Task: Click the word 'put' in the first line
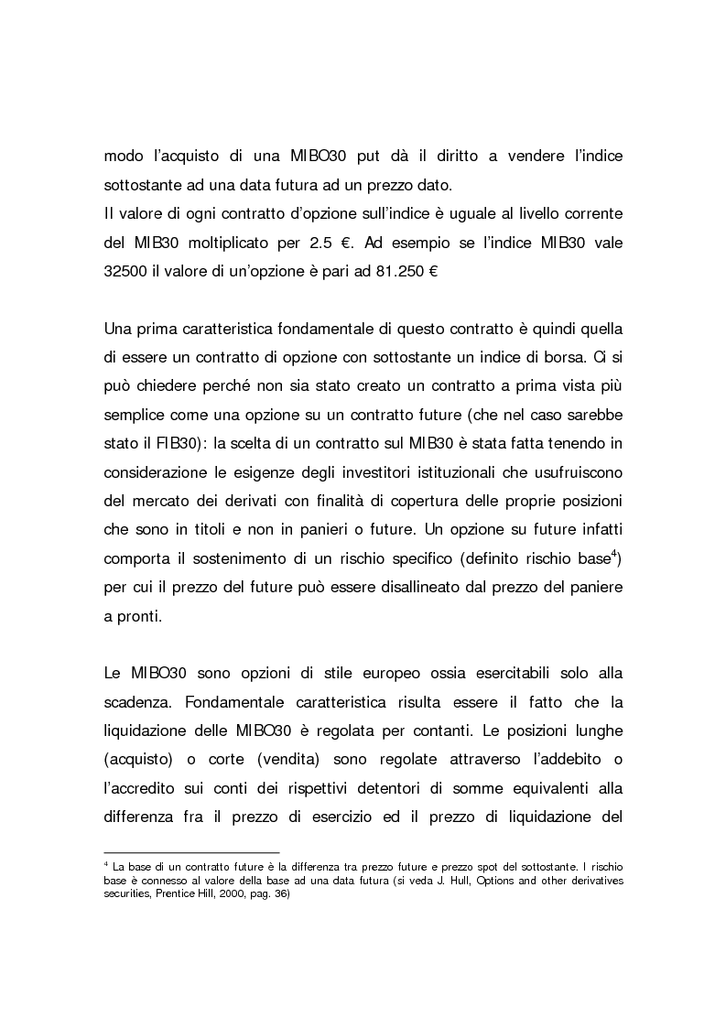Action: tap(361, 157)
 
